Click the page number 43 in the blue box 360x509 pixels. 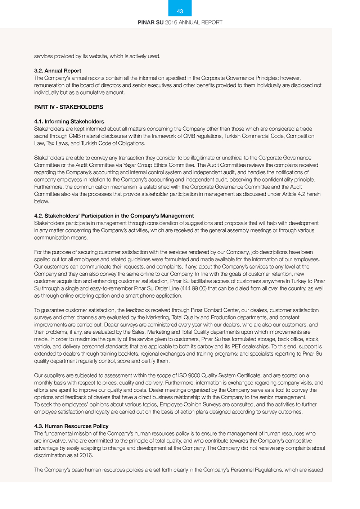[180, 11]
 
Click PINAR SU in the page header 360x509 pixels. [150, 22]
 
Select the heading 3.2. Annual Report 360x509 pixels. [58, 71]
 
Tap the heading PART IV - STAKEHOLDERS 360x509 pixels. [68, 107]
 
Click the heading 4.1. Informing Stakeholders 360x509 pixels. [69, 122]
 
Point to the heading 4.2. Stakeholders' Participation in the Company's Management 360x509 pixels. [114, 216]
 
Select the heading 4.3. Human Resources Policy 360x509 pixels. [71, 426]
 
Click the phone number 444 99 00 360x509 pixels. [193, 289]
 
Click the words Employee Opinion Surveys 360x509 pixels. [190, 405]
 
